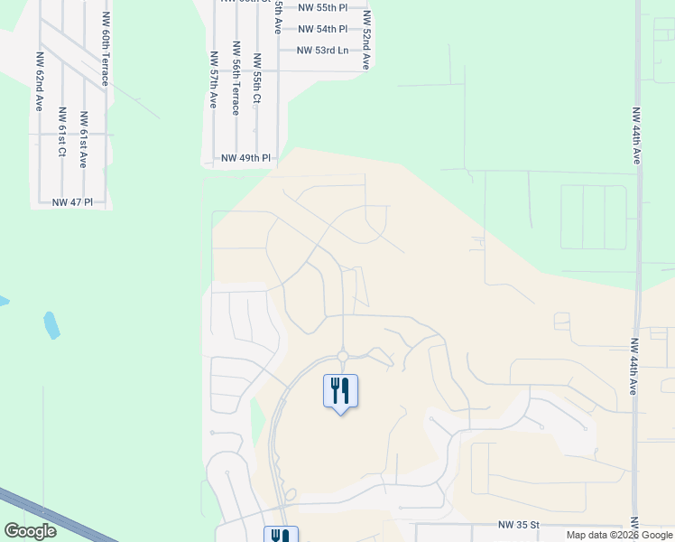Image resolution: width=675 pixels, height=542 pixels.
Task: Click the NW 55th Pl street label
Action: click(x=322, y=7)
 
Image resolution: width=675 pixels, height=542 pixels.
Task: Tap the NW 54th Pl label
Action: click(x=322, y=28)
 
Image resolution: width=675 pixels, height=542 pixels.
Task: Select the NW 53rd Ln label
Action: click(x=322, y=50)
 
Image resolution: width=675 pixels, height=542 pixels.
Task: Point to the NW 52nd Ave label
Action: click(x=366, y=41)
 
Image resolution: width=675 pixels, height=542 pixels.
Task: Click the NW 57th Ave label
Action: click(x=214, y=80)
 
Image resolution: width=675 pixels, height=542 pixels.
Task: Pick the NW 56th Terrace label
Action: click(x=236, y=79)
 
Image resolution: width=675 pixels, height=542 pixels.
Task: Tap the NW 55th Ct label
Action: click(x=257, y=78)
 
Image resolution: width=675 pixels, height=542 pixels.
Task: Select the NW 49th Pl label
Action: click(x=245, y=158)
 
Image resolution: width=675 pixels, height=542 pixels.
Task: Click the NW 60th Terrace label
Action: click(x=106, y=57)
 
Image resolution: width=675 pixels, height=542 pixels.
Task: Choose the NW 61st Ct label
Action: click(x=61, y=132)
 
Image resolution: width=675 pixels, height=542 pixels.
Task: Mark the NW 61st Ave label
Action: click(x=83, y=141)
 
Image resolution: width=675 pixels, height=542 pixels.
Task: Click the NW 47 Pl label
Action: click(x=72, y=202)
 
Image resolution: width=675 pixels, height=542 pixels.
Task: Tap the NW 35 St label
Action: click(x=518, y=524)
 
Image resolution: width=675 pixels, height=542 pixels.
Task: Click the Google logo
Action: click(x=30, y=531)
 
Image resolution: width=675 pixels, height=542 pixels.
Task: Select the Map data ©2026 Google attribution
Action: click(x=618, y=535)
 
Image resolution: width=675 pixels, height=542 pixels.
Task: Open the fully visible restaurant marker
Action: click(x=340, y=391)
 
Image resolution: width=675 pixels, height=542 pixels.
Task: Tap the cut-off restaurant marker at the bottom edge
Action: click(x=281, y=535)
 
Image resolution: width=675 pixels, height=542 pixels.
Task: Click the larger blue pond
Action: click(x=52, y=325)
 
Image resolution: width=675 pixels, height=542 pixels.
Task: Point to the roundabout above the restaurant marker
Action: click(x=343, y=356)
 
